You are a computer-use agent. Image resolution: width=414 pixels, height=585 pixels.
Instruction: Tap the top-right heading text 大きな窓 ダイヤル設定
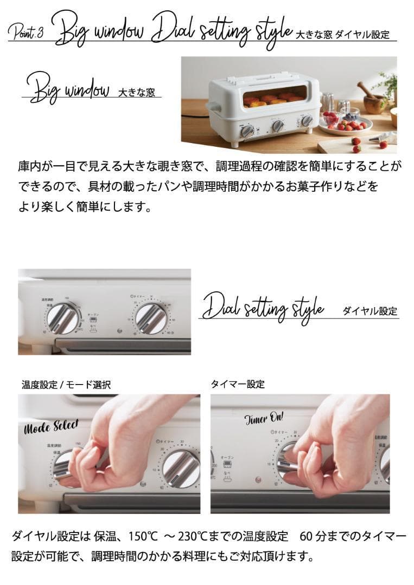click(x=342, y=35)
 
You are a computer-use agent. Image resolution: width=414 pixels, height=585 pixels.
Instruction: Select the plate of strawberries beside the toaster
click(x=345, y=124)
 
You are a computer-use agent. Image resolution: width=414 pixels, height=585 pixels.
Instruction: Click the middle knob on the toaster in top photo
click(x=278, y=126)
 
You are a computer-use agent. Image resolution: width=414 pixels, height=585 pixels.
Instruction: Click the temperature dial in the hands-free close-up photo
click(x=62, y=318)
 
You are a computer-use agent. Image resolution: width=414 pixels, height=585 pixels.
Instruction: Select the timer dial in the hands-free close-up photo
click(x=151, y=318)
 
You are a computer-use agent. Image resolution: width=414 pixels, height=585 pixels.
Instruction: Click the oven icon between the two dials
click(x=93, y=320)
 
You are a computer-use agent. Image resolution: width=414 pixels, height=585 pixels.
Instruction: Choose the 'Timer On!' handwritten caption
click(x=264, y=418)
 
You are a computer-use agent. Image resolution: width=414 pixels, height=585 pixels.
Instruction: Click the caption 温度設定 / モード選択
click(x=66, y=385)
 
